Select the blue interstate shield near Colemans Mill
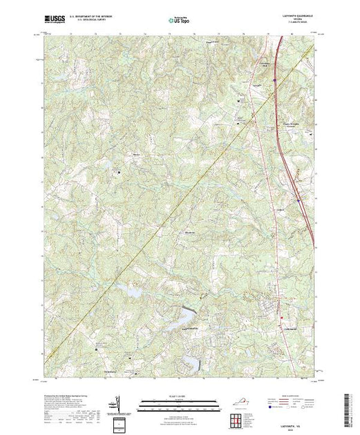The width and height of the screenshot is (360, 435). click(275, 80)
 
